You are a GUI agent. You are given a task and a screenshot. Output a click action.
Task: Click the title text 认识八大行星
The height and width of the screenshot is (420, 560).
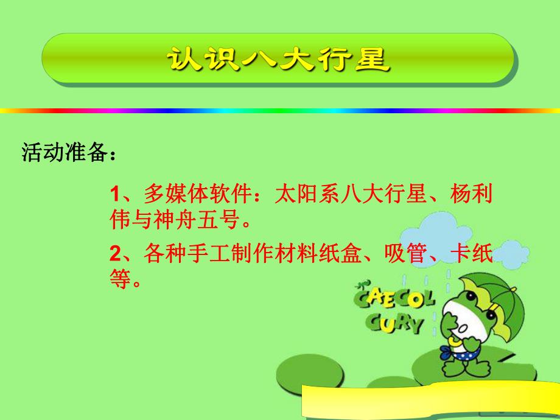(x=278, y=59)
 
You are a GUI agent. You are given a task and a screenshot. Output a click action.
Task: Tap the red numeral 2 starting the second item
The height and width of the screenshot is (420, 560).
(x=114, y=253)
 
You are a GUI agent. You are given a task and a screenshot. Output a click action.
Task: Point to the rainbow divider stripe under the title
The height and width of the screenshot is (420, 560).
(x=280, y=111)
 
